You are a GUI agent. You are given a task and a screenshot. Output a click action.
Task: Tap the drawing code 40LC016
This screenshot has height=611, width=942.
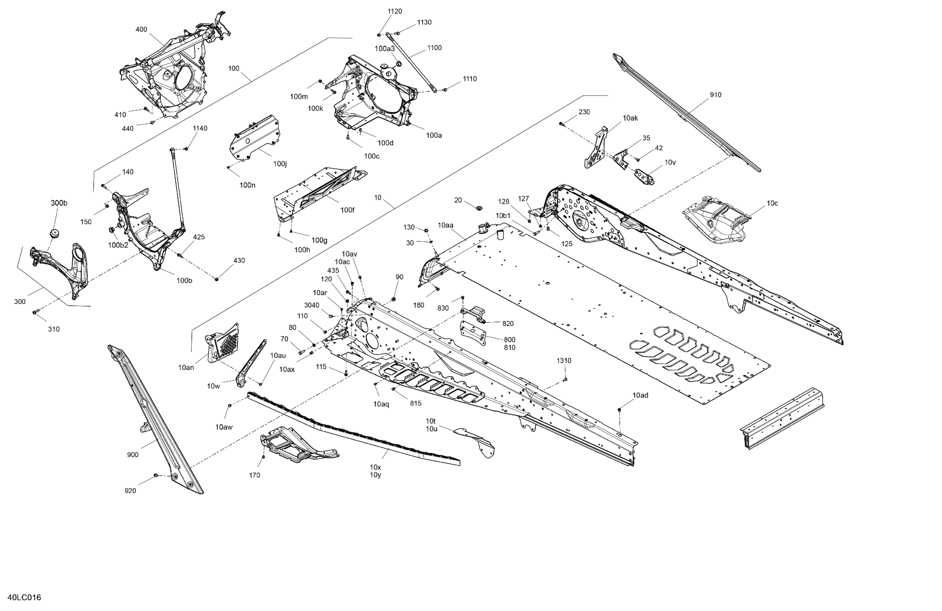pos(24,597)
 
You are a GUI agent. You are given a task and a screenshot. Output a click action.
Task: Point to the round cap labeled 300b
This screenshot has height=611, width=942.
pos(54,233)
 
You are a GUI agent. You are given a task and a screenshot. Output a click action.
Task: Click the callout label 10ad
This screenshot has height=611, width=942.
pos(640,395)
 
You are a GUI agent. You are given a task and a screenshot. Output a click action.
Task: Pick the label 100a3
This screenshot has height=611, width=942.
pos(384,49)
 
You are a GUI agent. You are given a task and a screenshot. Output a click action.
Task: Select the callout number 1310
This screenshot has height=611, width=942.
pos(564,361)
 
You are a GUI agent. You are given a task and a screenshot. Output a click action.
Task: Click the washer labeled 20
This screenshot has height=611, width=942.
pos(479,208)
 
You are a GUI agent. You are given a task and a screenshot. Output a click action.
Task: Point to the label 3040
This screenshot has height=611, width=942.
pos(311,305)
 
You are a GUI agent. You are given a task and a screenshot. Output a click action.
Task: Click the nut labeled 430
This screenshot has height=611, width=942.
pos(216,280)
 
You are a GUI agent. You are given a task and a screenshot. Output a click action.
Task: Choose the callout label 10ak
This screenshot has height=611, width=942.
pos(630,118)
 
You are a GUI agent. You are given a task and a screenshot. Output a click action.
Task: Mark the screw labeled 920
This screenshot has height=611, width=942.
pos(155,474)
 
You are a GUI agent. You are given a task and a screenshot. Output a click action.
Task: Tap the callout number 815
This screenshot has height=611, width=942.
pos(415,403)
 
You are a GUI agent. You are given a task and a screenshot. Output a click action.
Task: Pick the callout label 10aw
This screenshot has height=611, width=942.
pos(224,427)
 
